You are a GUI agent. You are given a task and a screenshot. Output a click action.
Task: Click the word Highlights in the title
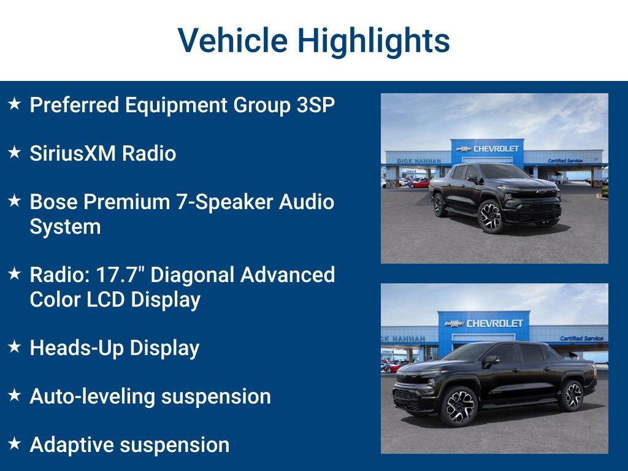(373, 40)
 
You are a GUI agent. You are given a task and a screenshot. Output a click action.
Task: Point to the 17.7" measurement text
(120, 275)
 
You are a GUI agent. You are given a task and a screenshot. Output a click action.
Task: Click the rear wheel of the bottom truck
(571, 396)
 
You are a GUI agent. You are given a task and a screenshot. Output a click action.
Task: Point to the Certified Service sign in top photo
(565, 161)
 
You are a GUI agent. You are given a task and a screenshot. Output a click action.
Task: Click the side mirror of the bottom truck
(491, 361)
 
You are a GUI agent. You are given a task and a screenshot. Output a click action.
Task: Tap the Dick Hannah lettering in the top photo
(419, 161)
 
